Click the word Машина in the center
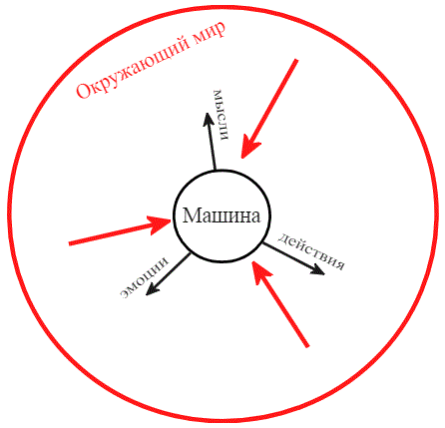pyautogui.click(x=222, y=215)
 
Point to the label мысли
pyautogui.click(x=222, y=115)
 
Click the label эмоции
pyautogui.click(x=145, y=277)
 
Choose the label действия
pyautogui.click(x=311, y=251)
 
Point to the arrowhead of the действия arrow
pyautogui.click(x=318, y=269)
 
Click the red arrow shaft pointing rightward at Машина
pyautogui.click(x=112, y=234)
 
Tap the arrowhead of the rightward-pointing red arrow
pyautogui.click(x=160, y=223)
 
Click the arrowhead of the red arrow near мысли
pyautogui.click(x=248, y=148)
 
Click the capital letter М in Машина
pyautogui.click(x=191, y=215)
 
